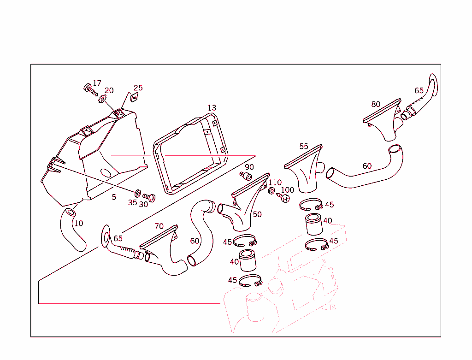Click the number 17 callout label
[97, 83]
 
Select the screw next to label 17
[91, 90]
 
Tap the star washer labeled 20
[102, 99]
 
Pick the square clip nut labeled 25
[134, 97]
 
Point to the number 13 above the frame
[212, 108]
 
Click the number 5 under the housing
[114, 197]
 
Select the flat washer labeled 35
[137, 193]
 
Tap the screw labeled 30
[149, 197]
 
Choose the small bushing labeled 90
[246, 176]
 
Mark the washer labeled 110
[271, 190]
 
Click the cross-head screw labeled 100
[283, 198]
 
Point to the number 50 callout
[257, 214]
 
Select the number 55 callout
[304, 146]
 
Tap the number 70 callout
[159, 226]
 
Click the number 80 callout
[376, 104]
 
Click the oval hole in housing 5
[106, 173]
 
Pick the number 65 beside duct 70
[118, 238]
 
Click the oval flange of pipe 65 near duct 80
[433, 85]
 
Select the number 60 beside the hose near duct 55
[367, 166]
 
